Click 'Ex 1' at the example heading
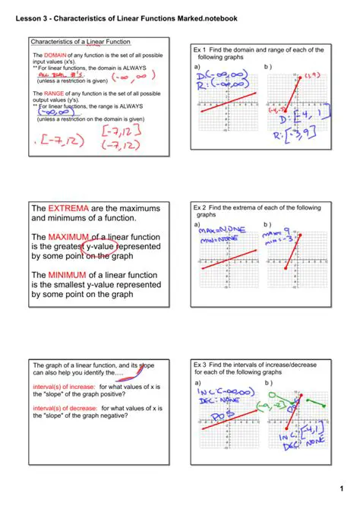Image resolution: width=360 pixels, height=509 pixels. pyautogui.click(x=201, y=50)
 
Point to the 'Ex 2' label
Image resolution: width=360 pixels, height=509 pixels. pyautogui.click(x=201, y=207)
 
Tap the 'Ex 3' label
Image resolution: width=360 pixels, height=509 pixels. pyautogui.click(x=201, y=365)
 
